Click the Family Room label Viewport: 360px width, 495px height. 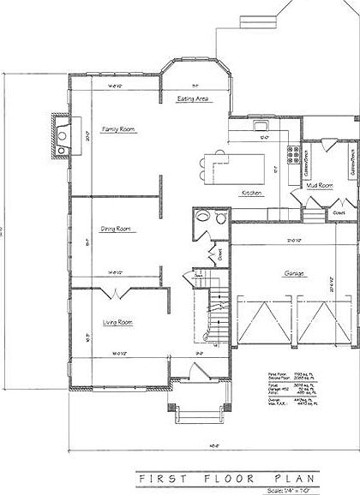point(120,129)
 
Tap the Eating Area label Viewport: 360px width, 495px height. point(194,99)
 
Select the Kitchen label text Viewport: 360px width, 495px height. point(251,194)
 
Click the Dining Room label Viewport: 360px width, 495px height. point(116,229)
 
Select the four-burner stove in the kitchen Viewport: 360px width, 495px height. point(295,155)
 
